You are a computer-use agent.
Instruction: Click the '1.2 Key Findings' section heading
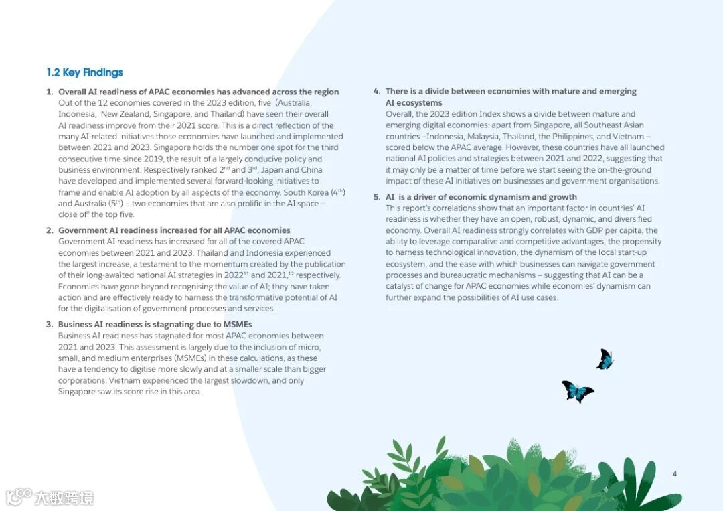(x=85, y=72)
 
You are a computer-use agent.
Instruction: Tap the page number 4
(x=674, y=474)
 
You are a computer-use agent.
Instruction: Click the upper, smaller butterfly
(x=605, y=360)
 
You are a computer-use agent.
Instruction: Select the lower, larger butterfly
(x=576, y=391)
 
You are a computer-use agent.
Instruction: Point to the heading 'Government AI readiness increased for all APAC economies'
(x=174, y=230)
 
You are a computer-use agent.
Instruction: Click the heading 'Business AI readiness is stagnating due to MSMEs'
(x=155, y=325)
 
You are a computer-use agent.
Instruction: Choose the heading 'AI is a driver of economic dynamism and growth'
(x=481, y=197)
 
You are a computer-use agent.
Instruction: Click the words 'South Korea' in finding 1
(x=306, y=193)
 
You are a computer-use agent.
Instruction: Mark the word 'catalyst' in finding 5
(x=401, y=287)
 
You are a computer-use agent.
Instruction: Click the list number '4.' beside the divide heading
(x=377, y=92)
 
